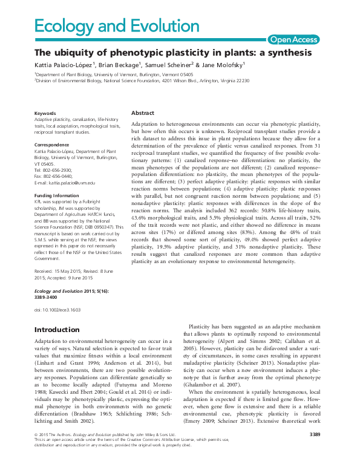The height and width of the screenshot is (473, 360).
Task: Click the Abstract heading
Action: pyautogui.click(x=143, y=113)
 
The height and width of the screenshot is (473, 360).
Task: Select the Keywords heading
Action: pyautogui.click(x=45, y=113)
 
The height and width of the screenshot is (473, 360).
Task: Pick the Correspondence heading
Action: pyautogui.click(x=51, y=145)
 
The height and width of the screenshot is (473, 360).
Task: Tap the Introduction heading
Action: pyautogui.click(x=57, y=330)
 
